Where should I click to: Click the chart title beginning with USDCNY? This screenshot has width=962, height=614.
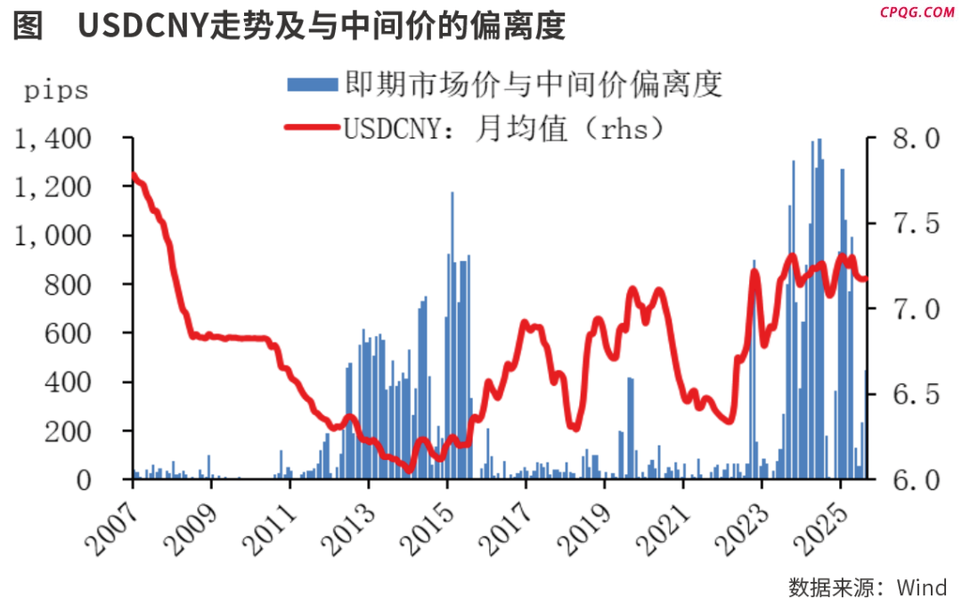click(x=321, y=27)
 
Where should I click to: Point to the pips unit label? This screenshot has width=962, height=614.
click(x=56, y=90)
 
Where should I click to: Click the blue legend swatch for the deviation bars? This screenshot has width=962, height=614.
click(x=312, y=85)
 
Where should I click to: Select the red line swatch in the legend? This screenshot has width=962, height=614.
click(x=312, y=129)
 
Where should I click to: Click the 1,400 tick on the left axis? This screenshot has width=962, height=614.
click(x=53, y=140)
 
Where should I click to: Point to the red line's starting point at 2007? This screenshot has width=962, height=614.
click(x=133, y=175)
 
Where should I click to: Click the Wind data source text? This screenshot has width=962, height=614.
click(x=868, y=588)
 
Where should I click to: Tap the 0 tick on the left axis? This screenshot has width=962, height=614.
click(x=109, y=480)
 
